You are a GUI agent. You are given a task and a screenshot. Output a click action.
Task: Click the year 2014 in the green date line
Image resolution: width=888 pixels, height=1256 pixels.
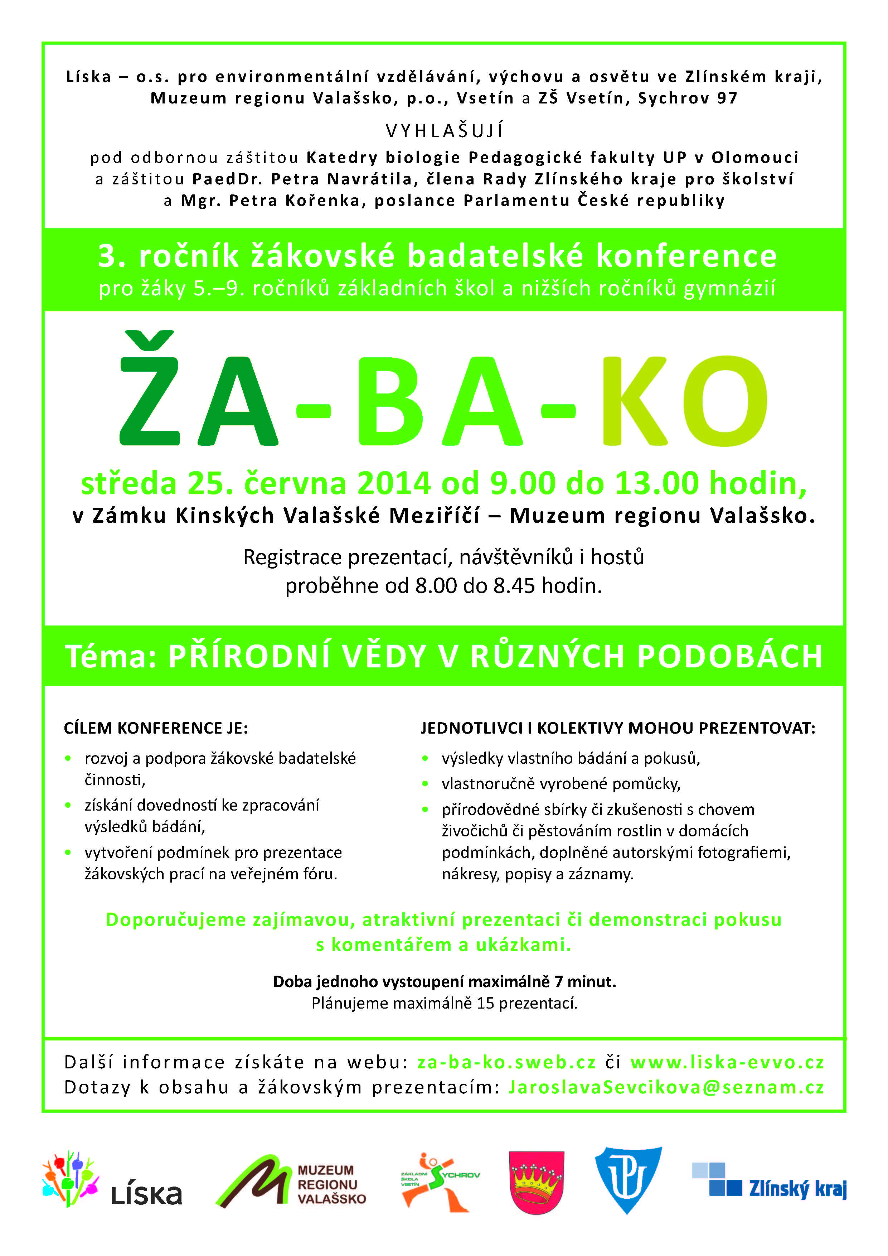tap(394, 484)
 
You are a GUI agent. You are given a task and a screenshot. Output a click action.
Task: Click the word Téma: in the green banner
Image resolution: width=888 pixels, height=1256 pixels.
tap(111, 656)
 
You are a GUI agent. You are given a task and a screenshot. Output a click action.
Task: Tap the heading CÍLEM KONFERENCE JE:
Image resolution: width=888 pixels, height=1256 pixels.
tap(156, 729)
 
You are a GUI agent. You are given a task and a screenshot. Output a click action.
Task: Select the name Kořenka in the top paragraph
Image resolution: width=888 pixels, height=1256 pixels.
tap(322, 201)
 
